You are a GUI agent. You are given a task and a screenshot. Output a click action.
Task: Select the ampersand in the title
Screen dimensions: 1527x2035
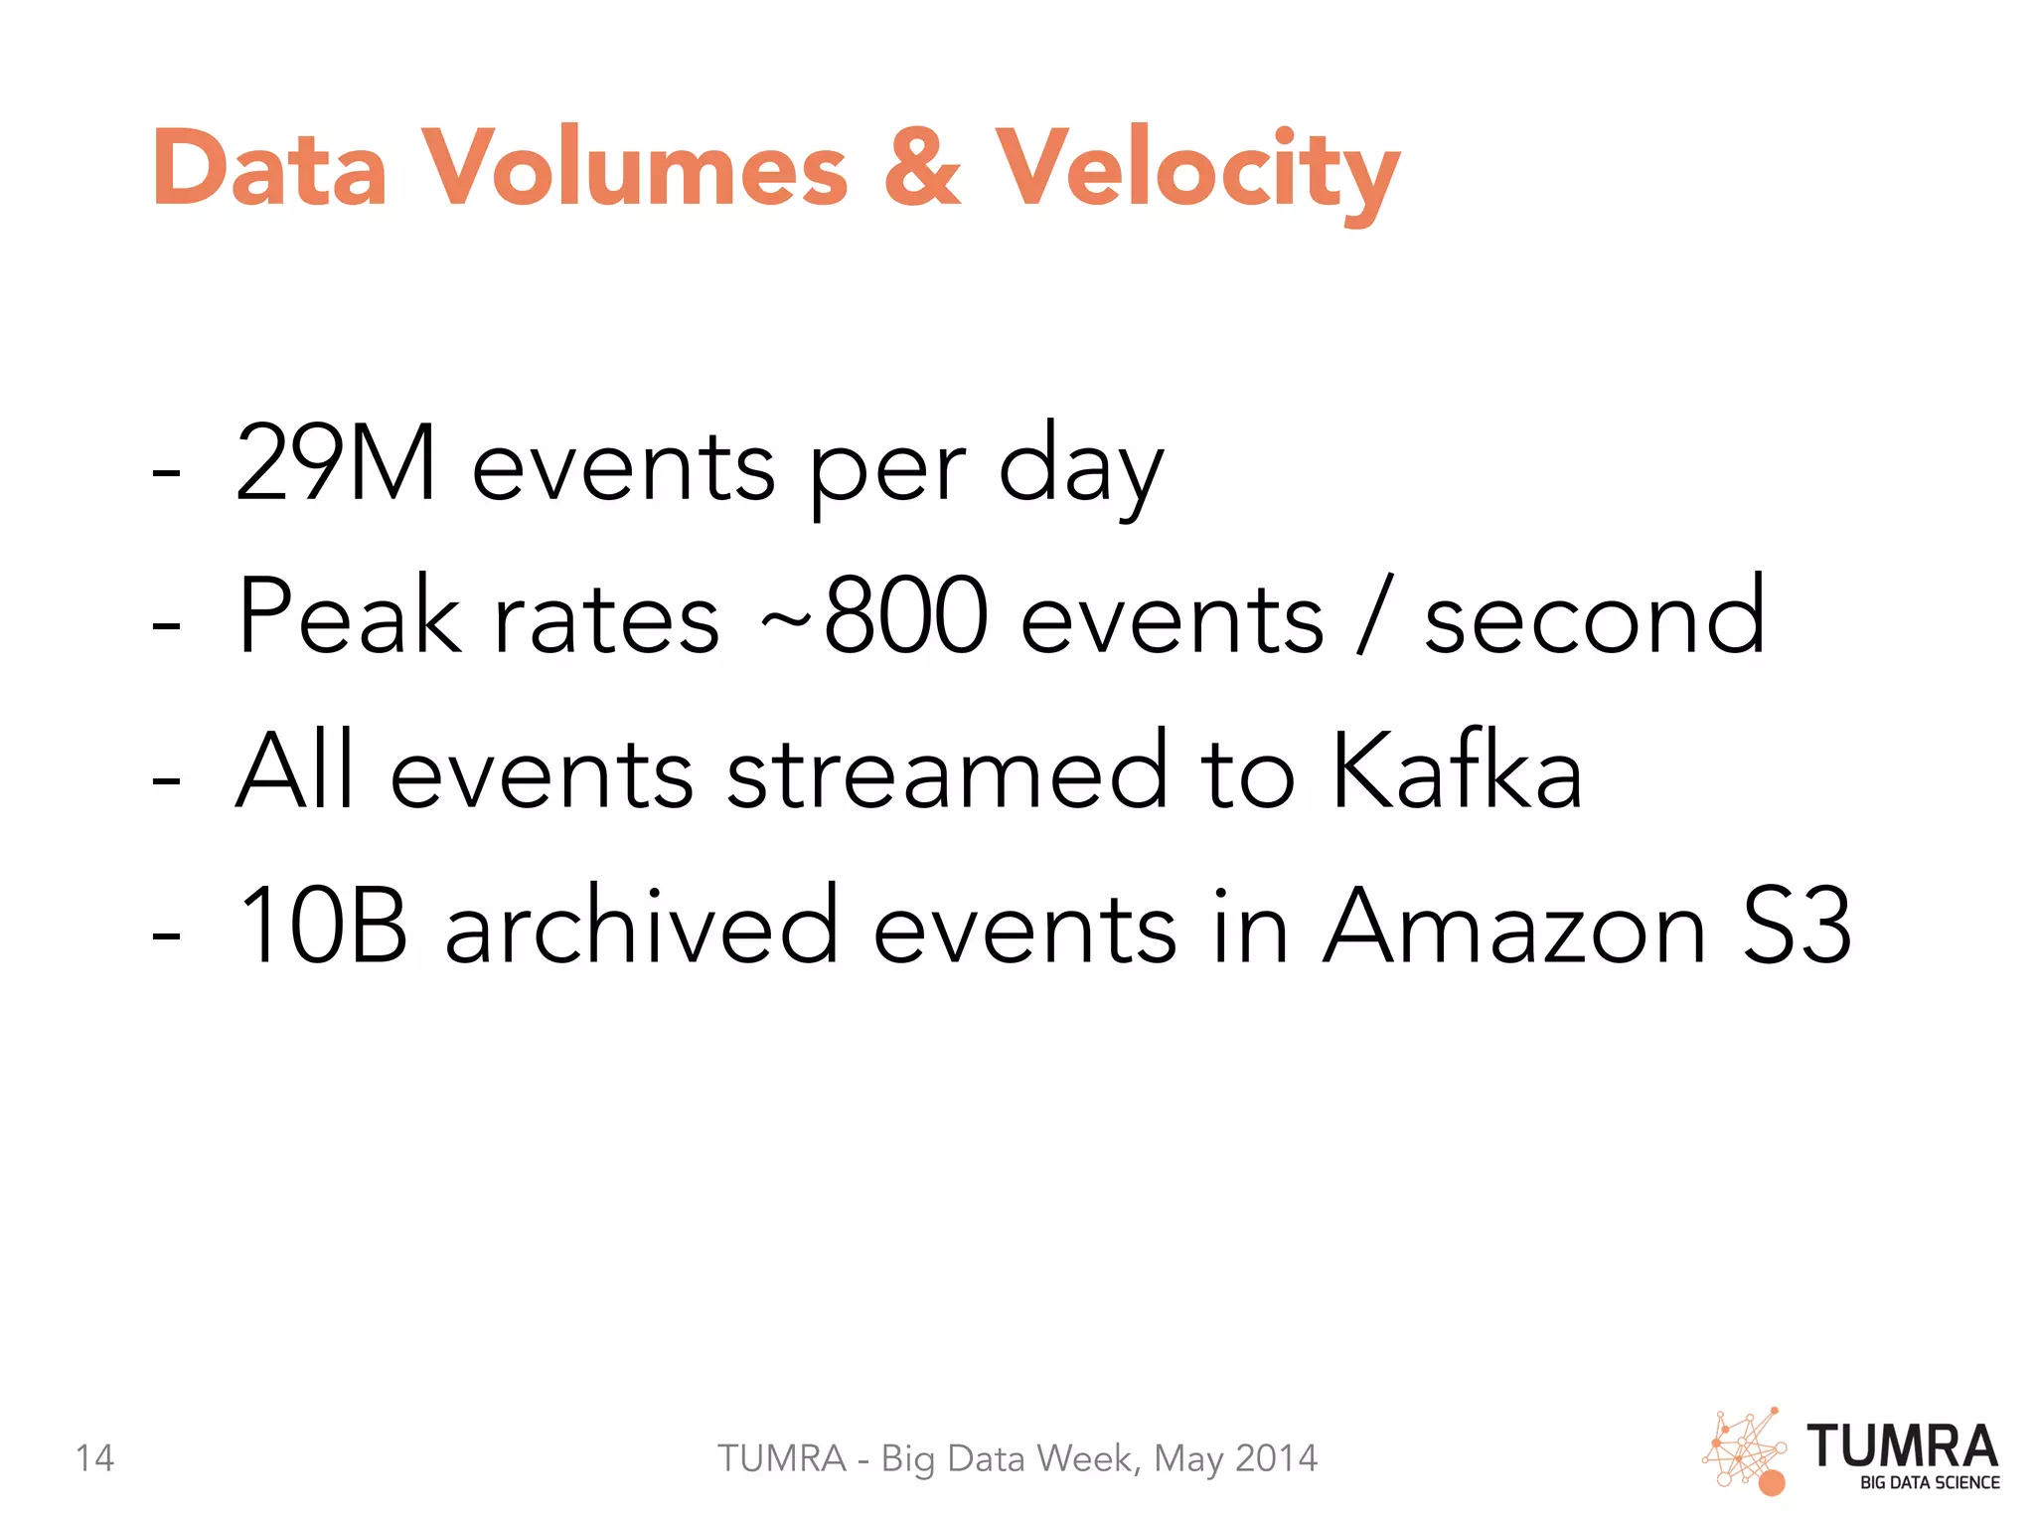923,168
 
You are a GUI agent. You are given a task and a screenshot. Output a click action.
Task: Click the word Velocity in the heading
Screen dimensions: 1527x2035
1197,171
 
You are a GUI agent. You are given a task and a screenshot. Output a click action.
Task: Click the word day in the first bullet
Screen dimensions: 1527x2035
1080,467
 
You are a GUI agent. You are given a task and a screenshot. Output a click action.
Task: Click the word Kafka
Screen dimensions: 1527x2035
1456,770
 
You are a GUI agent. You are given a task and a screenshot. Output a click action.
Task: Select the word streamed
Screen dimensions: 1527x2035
948,770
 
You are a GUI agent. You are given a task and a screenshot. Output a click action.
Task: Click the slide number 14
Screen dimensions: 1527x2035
95,1458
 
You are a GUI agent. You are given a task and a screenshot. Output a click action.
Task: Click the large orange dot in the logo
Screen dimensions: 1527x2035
1772,1483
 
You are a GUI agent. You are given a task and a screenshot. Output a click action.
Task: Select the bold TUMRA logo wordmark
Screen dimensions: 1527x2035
1902,1446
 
